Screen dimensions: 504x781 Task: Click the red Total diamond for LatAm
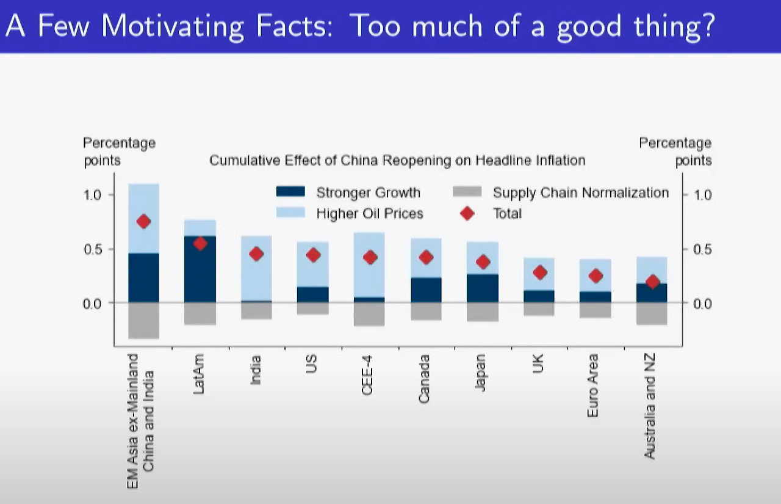click(x=200, y=244)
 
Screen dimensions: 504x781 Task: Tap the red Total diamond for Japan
click(x=483, y=262)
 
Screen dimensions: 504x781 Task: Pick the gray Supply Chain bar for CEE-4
click(x=369, y=314)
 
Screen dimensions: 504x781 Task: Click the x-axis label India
click(x=256, y=370)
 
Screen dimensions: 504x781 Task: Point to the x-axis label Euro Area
click(x=592, y=385)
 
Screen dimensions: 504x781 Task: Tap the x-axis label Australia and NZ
click(x=650, y=407)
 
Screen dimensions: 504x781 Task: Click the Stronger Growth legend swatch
click(x=290, y=192)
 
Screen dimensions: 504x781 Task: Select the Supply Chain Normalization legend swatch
click(x=467, y=192)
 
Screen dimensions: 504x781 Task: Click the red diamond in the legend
click(x=467, y=213)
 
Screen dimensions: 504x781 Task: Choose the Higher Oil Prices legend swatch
click(x=290, y=213)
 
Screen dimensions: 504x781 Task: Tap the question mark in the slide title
click(x=707, y=26)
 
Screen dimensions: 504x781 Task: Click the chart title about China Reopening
click(x=397, y=160)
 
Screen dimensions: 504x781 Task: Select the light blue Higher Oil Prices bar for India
click(x=256, y=269)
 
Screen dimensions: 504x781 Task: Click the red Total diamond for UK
click(x=539, y=272)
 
